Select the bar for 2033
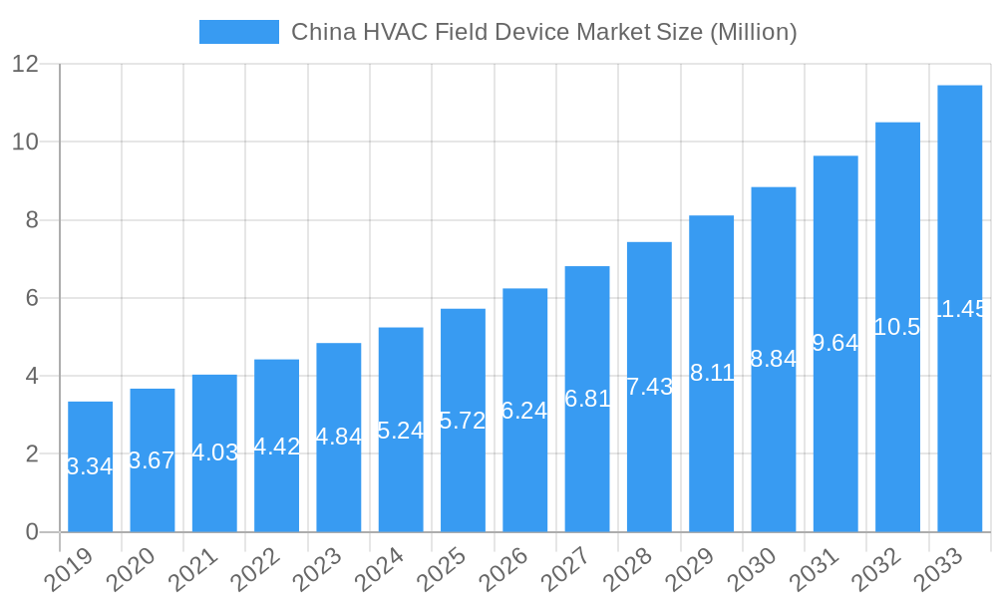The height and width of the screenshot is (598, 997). (959, 309)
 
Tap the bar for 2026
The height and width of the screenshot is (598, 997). (524, 410)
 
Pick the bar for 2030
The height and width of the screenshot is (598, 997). (773, 359)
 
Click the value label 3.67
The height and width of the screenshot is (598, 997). (153, 460)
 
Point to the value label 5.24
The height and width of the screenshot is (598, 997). (401, 430)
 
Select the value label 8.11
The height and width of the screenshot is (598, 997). (712, 373)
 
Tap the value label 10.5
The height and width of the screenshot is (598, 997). (897, 327)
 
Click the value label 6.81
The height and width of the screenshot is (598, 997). (587, 399)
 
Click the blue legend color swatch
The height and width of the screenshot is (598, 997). (239, 32)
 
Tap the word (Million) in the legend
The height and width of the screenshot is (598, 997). (752, 32)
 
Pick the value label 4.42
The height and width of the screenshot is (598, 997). (276, 447)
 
